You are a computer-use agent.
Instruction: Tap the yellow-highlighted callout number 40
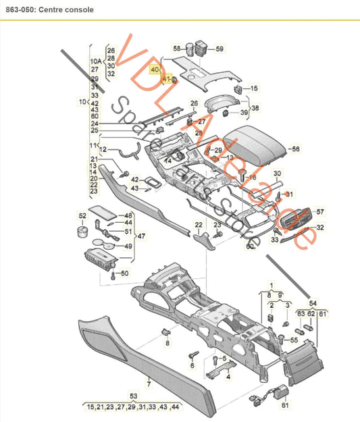coord(155,70)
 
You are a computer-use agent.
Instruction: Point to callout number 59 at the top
coord(219,49)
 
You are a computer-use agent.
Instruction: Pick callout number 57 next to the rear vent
coord(320,211)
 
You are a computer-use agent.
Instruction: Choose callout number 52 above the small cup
coord(82,216)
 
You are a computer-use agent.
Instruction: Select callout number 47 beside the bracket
coord(140,237)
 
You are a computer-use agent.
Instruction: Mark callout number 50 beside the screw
coord(124,273)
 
